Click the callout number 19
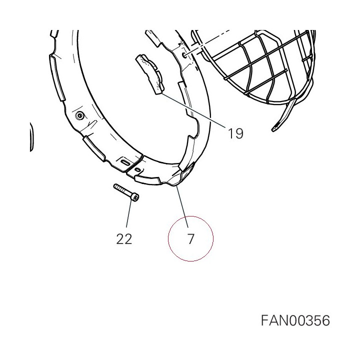pyautogui.click(x=235, y=133)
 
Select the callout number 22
pyautogui.click(x=124, y=239)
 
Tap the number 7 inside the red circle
pyautogui.click(x=191, y=239)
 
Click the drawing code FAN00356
pyautogui.click(x=295, y=320)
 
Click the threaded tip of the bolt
pyautogui.click(x=115, y=186)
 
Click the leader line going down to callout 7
pyautogui.click(x=182, y=206)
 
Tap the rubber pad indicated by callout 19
pyautogui.click(x=150, y=74)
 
